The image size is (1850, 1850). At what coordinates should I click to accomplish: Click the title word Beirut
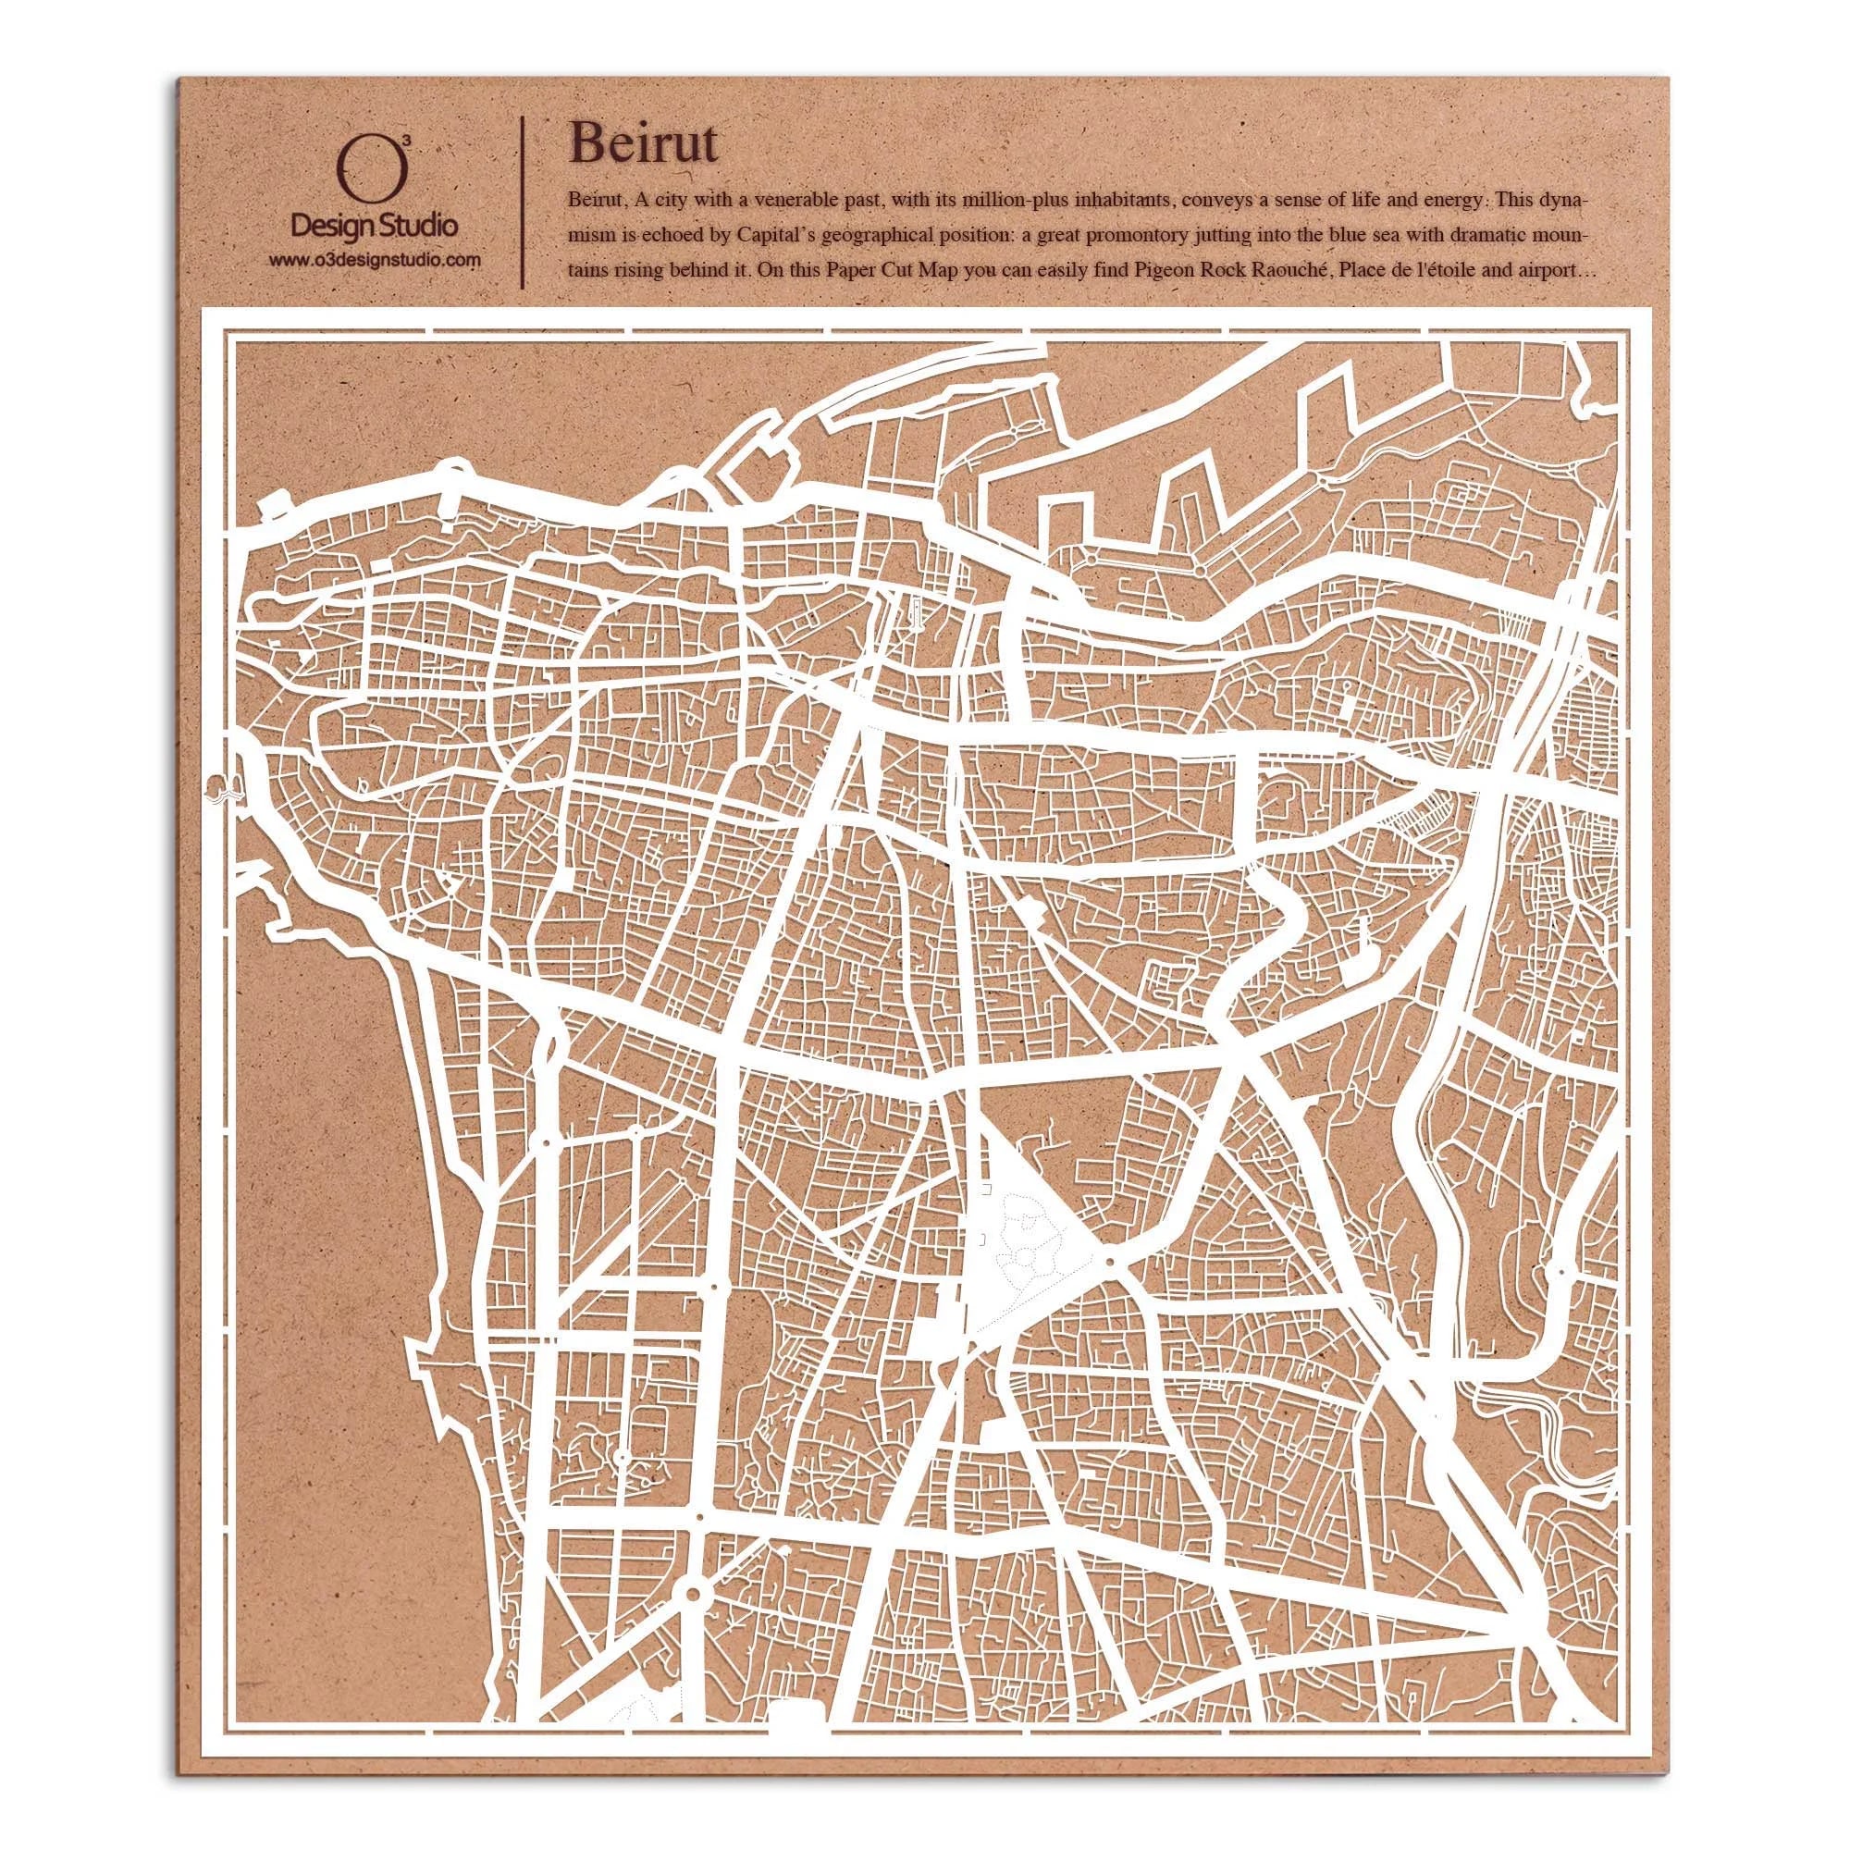(x=642, y=143)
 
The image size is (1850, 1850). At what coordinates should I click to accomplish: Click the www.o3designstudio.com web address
(x=374, y=260)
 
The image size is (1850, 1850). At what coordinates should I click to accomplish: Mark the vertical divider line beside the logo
(x=521, y=203)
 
